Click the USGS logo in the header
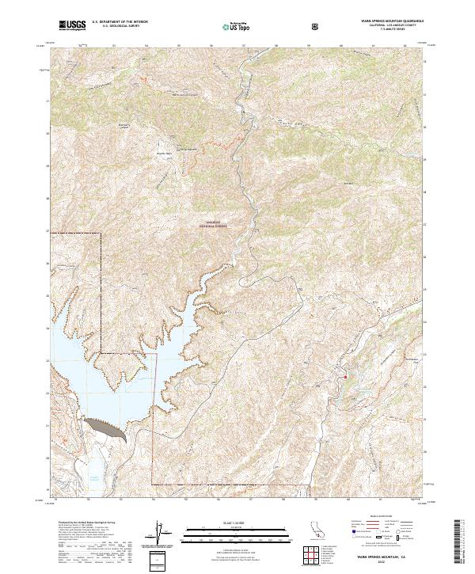pyautogui.click(x=72, y=25)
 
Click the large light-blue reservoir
pyautogui.click(x=111, y=372)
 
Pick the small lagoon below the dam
pyautogui.click(x=93, y=477)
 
